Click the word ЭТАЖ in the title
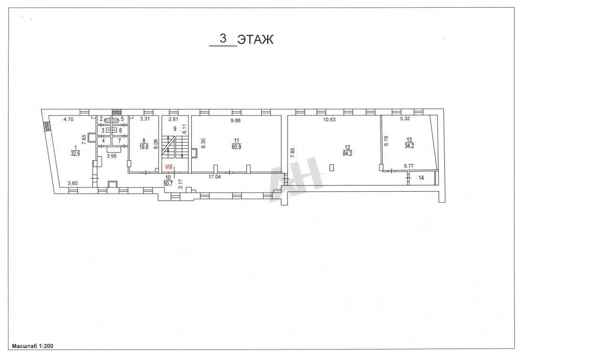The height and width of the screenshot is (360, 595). pos(255,40)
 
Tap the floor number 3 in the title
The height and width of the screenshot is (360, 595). pos(223,39)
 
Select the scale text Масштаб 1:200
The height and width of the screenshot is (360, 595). pos(32,346)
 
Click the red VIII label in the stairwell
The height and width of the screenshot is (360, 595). pos(169,167)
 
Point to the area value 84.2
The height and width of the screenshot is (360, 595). pos(348,154)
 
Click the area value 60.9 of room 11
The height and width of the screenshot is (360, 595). pos(236,147)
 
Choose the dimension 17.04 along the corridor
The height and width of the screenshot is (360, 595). pos(215,177)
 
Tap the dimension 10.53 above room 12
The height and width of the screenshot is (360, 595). pos(329,120)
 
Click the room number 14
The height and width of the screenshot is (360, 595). pos(421,178)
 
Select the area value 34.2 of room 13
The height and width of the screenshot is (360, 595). pos(410,146)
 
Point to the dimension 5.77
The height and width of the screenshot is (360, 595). pos(409,166)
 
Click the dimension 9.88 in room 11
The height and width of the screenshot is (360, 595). pos(236,120)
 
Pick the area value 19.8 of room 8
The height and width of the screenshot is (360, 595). pos(144,147)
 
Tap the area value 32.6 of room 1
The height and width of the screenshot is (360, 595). pos(75,154)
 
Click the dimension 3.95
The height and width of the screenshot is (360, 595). pos(112,156)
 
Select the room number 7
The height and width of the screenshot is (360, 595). pos(120,141)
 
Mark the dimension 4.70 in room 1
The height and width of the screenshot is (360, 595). pos(68,119)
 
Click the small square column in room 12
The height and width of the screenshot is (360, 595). pos(331,168)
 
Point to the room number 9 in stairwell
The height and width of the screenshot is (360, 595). pos(175,129)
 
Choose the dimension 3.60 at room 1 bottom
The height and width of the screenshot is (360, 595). pos(72,183)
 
